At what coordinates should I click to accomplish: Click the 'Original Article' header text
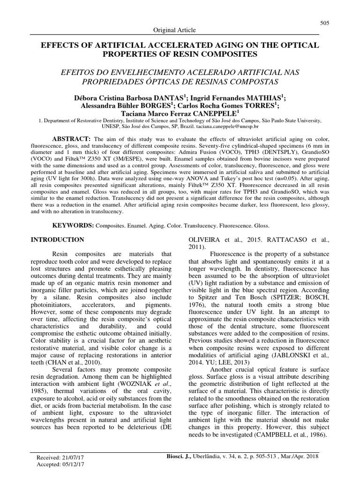(x=175, y=30)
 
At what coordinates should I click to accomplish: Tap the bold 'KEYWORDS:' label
(x=73, y=225)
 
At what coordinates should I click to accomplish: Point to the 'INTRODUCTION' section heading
(x=58, y=240)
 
